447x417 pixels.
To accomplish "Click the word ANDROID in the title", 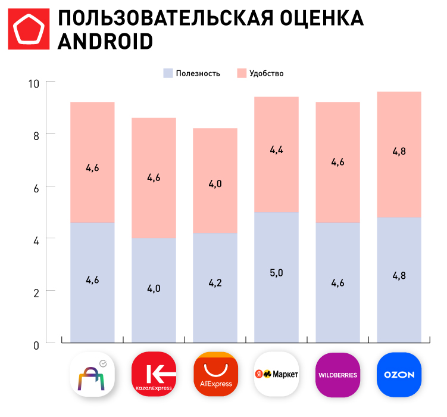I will [105, 42].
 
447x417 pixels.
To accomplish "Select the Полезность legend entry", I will [192, 73].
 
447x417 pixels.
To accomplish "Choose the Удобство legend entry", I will [260, 73].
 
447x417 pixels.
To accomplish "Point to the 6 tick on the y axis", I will [36, 187].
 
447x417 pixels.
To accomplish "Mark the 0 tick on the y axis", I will [36, 344].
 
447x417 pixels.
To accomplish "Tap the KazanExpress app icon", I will [154, 375].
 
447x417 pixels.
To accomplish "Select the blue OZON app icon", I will [399, 375].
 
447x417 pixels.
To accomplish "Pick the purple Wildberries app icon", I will [337, 375].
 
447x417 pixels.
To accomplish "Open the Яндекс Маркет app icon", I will [276, 375].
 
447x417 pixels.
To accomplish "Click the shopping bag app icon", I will [92, 375].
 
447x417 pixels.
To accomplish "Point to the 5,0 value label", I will [276, 273].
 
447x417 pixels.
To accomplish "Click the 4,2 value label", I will [215, 284].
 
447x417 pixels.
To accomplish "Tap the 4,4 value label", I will [276, 150].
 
